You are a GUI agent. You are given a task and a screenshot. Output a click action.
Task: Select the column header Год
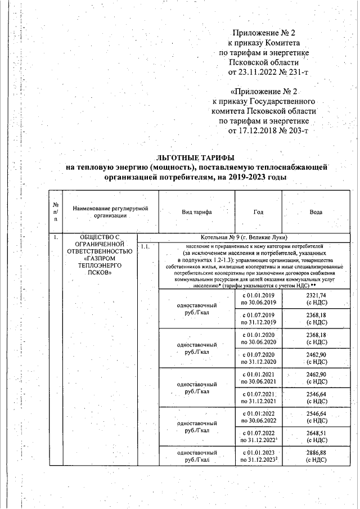tap(258, 212)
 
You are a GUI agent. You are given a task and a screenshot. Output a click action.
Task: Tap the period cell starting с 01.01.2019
tap(258, 299)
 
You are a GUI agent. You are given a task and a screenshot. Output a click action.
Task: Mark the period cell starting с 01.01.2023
tap(258, 456)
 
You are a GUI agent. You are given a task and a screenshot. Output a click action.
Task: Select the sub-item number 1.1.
tap(145, 246)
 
